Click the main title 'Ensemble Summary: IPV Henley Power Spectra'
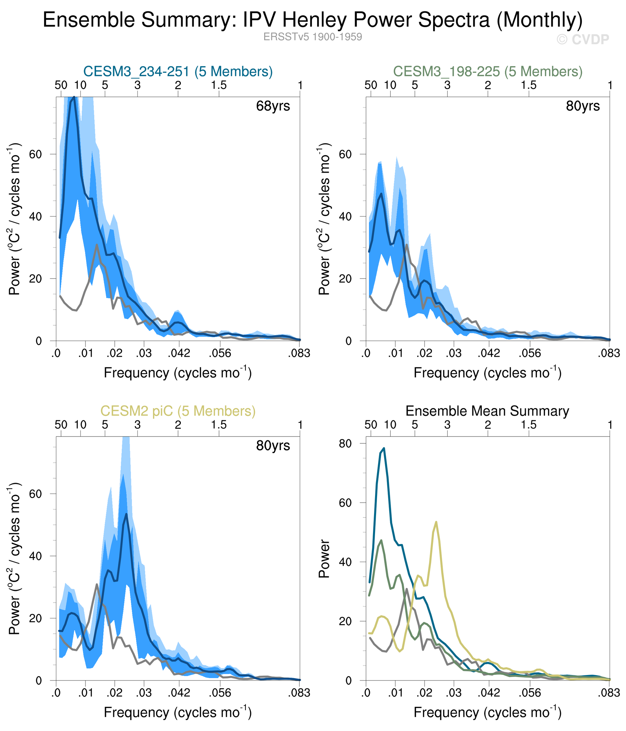coord(312,20)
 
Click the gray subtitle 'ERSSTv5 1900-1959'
coord(312,37)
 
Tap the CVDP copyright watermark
coord(583,39)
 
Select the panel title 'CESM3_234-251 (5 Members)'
coord(178,72)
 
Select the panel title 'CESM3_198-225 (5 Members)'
coord(488,72)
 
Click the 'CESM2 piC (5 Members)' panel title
coord(178,411)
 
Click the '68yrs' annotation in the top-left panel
coord(273,106)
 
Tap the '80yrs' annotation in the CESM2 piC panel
coord(273,446)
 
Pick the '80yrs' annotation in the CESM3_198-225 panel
coord(583,106)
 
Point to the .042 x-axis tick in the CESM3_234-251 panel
coord(179,353)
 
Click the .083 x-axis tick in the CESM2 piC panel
coord(299,693)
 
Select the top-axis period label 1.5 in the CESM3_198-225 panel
coord(529,85)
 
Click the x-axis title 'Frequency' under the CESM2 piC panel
coord(177,713)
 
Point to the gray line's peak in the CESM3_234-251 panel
coord(97,245)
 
